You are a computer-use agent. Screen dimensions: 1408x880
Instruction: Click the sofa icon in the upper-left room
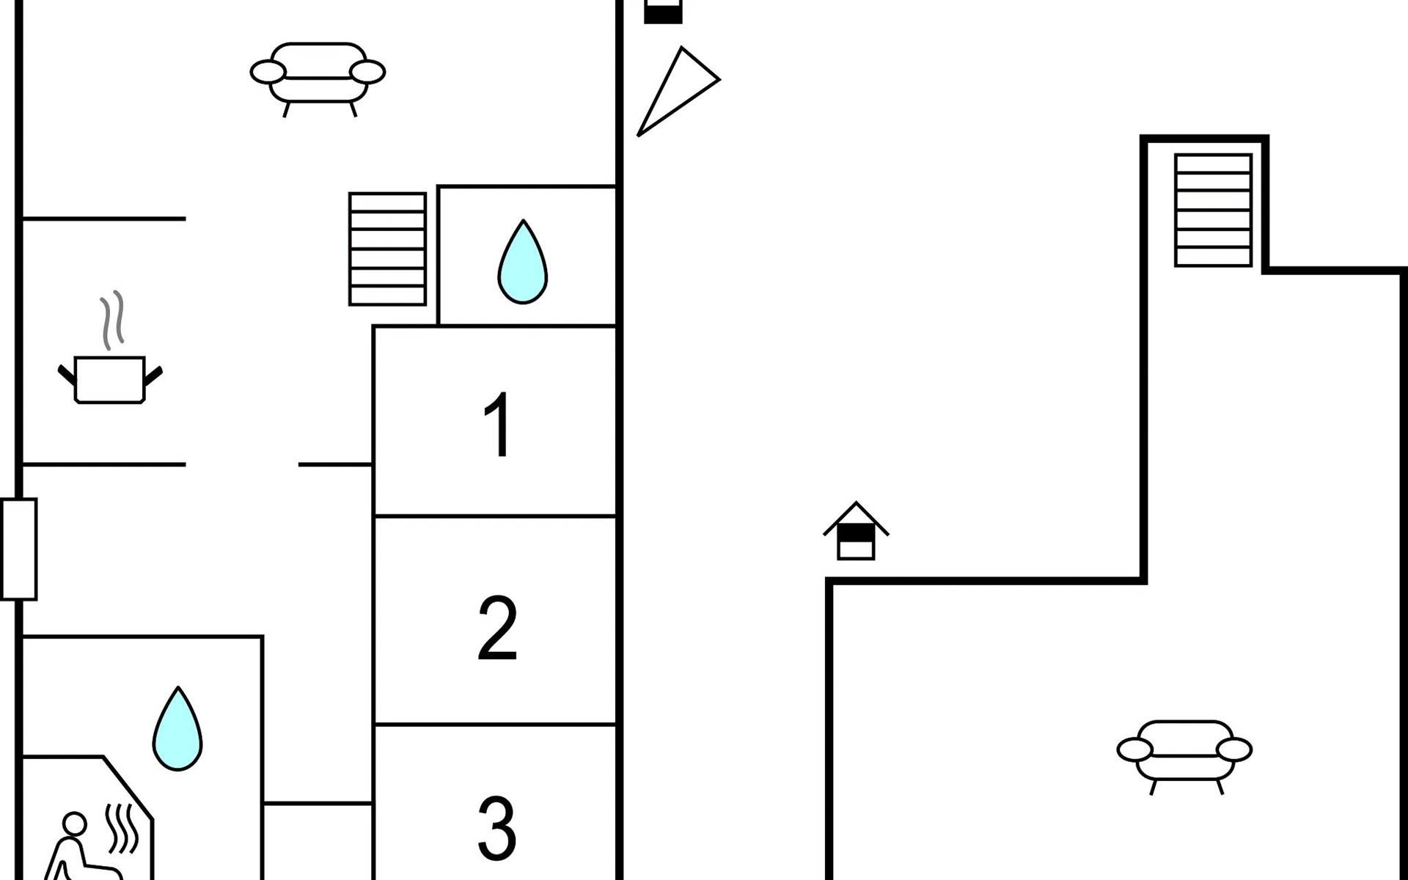[318, 79]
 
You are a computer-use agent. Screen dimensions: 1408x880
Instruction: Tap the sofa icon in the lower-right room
[1184, 757]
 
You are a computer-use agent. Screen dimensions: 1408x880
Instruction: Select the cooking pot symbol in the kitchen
[110, 380]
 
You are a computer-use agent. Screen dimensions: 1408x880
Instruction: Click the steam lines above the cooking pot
[111, 320]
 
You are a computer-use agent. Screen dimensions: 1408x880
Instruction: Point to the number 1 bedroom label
[498, 424]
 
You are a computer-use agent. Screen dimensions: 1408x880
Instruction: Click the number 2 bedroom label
[497, 628]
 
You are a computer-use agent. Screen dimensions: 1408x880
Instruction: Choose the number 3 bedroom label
[497, 828]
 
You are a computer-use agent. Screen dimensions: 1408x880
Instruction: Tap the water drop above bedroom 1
[523, 262]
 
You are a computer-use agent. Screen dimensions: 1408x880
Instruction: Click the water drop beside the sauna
[177, 728]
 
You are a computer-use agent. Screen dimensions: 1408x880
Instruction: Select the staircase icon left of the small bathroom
[387, 249]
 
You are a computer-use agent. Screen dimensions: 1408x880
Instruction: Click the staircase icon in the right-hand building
[1213, 210]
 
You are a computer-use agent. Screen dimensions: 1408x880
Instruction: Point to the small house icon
[856, 531]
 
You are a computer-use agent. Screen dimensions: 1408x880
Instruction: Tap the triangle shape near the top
[678, 91]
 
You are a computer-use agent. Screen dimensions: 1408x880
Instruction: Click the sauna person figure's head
[74, 824]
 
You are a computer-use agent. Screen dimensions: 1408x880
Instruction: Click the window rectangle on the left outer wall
[19, 549]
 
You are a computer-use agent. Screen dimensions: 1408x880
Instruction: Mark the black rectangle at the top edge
[663, 12]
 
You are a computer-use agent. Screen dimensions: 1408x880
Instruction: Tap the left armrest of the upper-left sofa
[268, 72]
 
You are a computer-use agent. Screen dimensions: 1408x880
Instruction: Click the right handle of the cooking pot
[153, 376]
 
